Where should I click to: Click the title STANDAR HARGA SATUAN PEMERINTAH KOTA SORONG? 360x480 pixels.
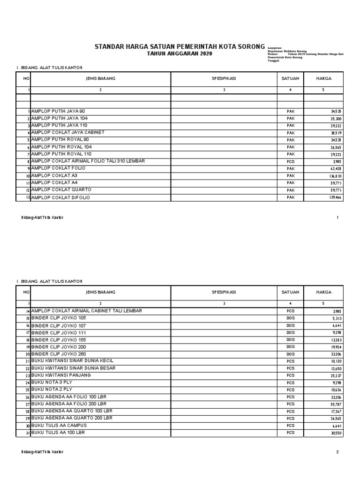tap(180, 47)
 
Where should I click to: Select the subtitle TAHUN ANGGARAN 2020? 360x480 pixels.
tap(180, 54)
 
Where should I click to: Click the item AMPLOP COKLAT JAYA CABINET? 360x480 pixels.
tap(67, 133)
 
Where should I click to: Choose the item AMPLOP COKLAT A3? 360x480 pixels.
tap(55, 176)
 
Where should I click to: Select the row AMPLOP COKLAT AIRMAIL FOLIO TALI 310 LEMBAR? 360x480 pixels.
tap(88, 161)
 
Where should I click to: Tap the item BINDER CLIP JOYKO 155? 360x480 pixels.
tap(59, 339)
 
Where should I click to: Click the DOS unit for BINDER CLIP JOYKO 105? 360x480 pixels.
tap(290, 318)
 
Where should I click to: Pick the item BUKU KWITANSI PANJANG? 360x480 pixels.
tap(61, 375)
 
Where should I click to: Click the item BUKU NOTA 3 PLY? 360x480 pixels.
tap(52, 382)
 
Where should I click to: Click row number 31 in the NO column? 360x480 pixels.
tap(28, 434)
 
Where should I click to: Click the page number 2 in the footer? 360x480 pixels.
tap(337, 452)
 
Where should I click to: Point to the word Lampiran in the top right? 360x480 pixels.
tap(275, 48)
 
